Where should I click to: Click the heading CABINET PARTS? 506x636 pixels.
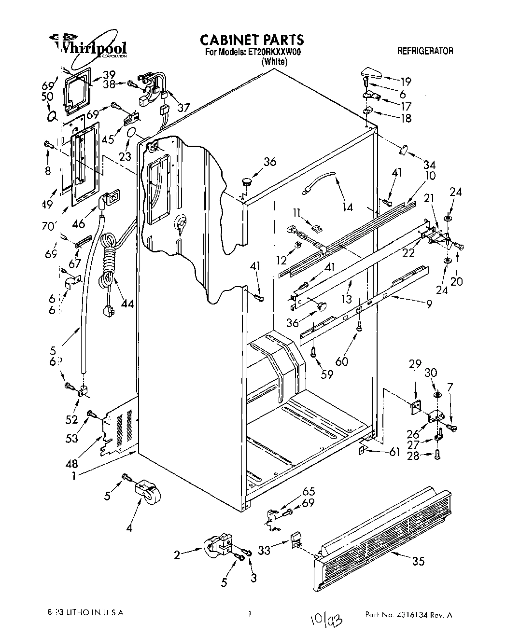(x=252, y=39)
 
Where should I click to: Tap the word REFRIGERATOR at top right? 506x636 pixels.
(x=425, y=51)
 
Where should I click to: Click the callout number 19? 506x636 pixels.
(x=406, y=81)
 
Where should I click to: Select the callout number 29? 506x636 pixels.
(x=415, y=364)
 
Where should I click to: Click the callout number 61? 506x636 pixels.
(x=394, y=452)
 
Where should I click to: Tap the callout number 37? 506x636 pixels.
(x=183, y=107)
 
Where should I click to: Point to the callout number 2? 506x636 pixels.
(x=178, y=555)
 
